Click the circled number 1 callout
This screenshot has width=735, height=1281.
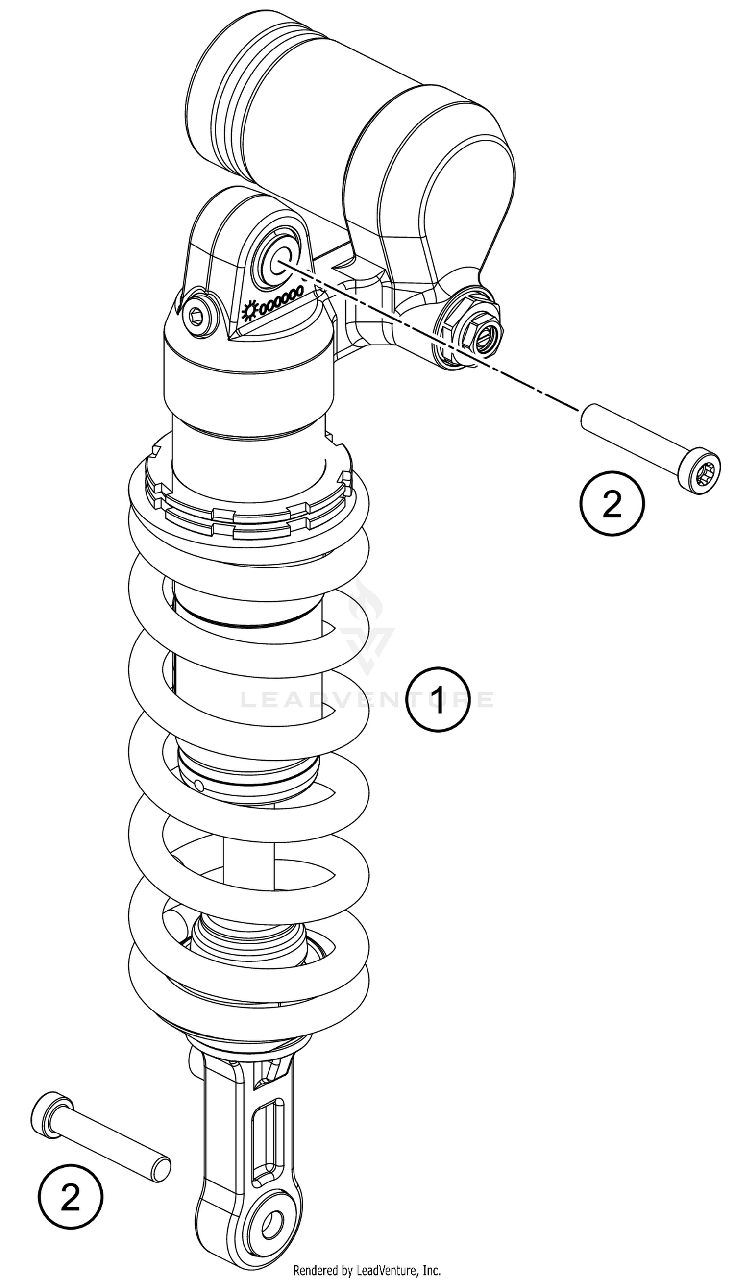tap(438, 698)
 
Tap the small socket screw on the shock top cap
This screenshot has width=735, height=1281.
tap(198, 316)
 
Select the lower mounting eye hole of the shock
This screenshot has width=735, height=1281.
tap(270, 1222)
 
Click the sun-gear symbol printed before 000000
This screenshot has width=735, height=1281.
tap(250, 311)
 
